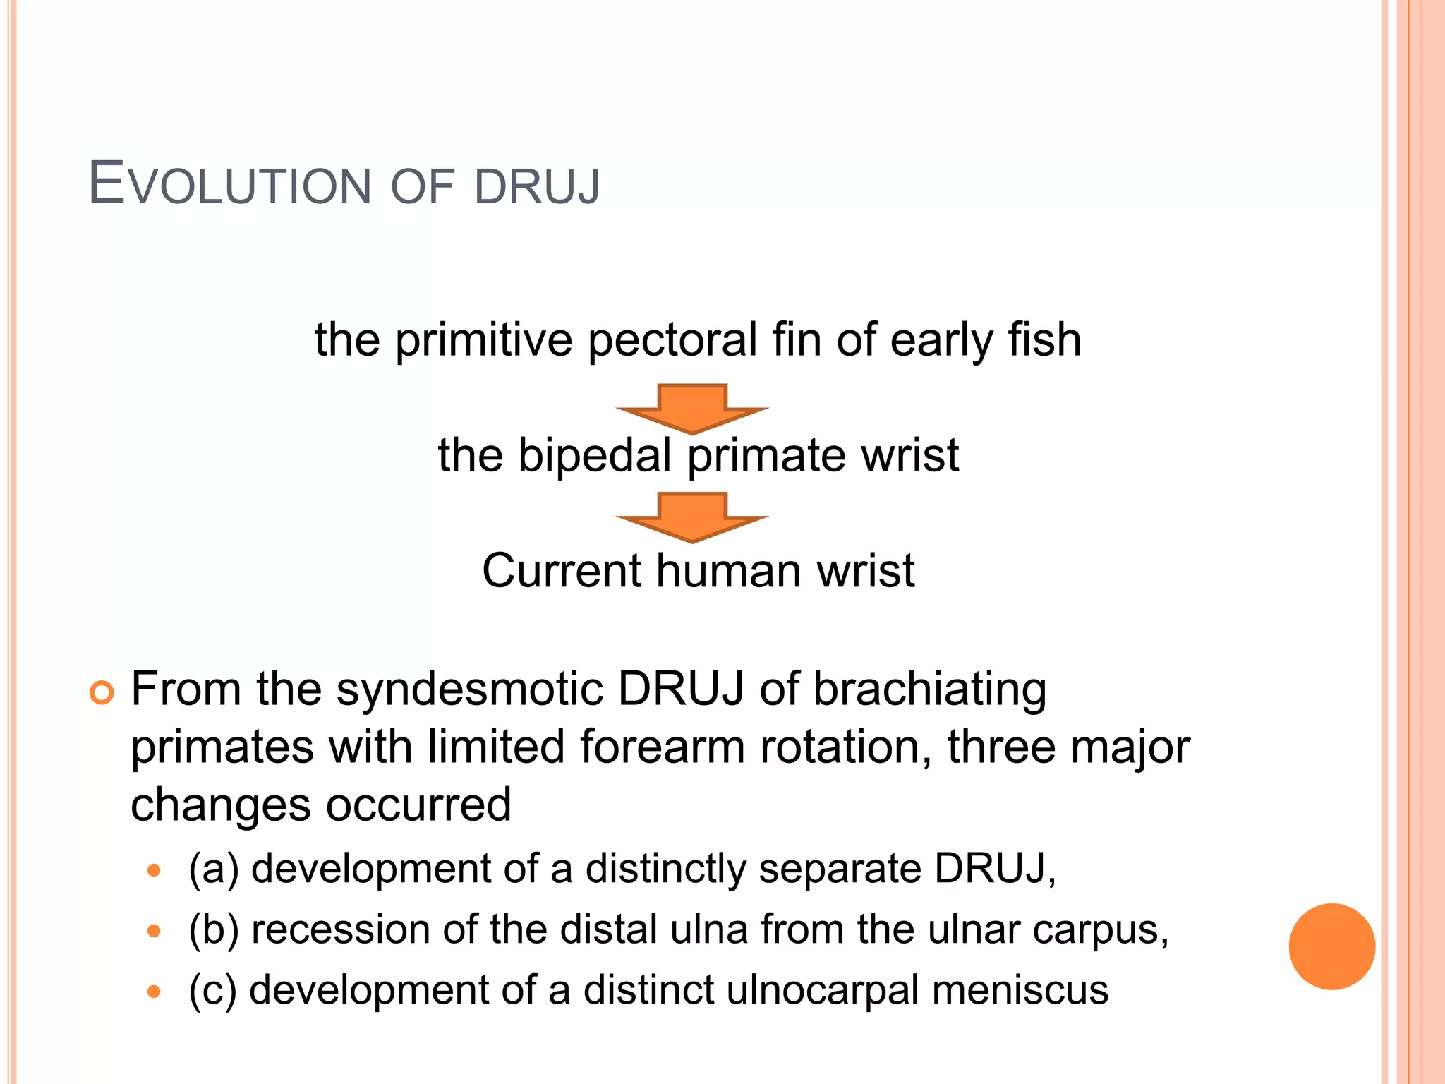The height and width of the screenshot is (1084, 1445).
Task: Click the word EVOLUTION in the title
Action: (x=229, y=186)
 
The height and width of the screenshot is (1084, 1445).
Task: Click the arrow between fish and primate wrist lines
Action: (x=691, y=409)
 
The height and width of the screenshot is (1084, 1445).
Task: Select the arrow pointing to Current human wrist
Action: (x=691, y=517)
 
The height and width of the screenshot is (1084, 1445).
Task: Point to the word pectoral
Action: (x=672, y=340)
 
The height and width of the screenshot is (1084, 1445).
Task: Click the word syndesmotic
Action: (x=469, y=689)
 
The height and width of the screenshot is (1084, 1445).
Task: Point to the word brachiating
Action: (x=929, y=690)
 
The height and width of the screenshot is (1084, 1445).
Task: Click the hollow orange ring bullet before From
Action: (x=102, y=693)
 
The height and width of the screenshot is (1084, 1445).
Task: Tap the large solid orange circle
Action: (x=1331, y=946)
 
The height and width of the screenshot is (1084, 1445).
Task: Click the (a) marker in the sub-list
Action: (x=214, y=869)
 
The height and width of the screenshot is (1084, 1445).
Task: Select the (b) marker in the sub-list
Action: (x=214, y=929)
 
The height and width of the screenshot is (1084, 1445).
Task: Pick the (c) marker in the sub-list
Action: (x=212, y=990)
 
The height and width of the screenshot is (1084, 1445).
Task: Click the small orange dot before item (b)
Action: (x=154, y=932)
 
